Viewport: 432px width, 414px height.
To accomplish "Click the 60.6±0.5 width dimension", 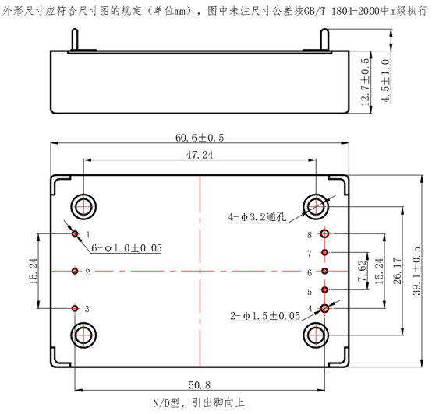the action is pyautogui.click(x=200, y=138).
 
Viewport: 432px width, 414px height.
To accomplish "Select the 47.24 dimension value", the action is pyautogui.click(x=200, y=155).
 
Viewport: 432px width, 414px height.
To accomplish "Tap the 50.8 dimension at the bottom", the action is pyautogui.click(x=200, y=385).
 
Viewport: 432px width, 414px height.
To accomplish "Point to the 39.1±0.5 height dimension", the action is pyautogui.click(x=416, y=271).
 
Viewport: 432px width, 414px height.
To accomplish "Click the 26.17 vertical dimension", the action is pyautogui.click(x=397, y=271).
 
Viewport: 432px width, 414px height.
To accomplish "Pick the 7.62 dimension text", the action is pyautogui.click(x=362, y=271).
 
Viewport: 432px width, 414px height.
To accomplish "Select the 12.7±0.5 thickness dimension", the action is pyautogui.click(x=364, y=82).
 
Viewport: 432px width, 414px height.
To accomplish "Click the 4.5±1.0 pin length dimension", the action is pyautogui.click(x=385, y=81).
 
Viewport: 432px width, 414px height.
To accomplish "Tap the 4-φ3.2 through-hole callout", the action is pyautogui.click(x=257, y=217).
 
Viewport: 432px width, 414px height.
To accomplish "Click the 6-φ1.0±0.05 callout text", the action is pyautogui.click(x=126, y=248).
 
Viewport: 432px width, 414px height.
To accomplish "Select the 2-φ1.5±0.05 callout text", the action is pyautogui.click(x=265, y=316).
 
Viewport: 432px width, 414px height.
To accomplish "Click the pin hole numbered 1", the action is pyautogui.click(x=75, y=234).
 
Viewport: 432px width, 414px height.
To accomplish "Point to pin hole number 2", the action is pyautogui.click(x=75, y=272).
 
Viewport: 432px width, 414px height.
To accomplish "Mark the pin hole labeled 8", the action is pyautogui.click(x=325, y=234).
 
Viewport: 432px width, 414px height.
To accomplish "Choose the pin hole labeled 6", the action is pyautogui.click(x=325, y=272).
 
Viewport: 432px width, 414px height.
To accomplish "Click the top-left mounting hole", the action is pyautogui.click(x=83, y=207).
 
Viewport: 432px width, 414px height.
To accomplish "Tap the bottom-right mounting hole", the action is pyautogui.click(x=316, y=335).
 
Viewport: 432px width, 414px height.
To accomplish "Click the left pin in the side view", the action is pyautogui.click(x=75, y=40).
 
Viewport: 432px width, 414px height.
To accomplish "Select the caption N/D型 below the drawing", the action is pyautogui.click(x=166, y=403).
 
